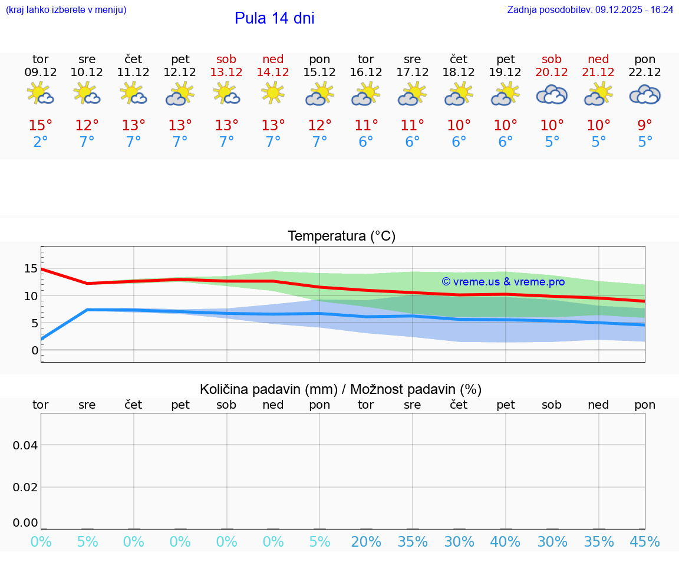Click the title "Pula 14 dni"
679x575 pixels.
click(x=274, y=18)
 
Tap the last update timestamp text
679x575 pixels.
click(x=590, y=9)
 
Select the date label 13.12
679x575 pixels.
click(x=226, y=72)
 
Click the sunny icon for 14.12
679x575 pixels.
click(x=273, y=93)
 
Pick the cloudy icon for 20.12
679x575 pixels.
click(x=552, y=94)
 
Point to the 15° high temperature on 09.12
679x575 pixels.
click(x=41, y=126)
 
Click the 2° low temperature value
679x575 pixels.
click(x=41, y=142)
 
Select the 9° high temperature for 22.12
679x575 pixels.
click(x=645, y=126)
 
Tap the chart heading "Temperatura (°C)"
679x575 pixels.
click(x=341, y=236)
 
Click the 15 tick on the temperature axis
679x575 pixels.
click(x=31, y=269)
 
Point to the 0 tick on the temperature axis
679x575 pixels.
click(x=35, y=350)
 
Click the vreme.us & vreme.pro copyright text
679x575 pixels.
click(x=503, y=282)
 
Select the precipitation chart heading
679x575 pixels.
click(x=341, y=389)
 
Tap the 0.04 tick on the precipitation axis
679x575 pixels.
click(x=25, y=445)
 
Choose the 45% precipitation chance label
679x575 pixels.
click(x=645, y=541)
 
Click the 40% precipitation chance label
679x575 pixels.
click(x=505, y=541)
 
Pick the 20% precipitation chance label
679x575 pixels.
click(x=366, y=541)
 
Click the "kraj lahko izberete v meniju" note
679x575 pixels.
click(x=66, y=9)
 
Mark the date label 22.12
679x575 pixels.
click(x=645, y=72)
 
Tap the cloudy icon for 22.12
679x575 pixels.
click(x=645, y=94)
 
